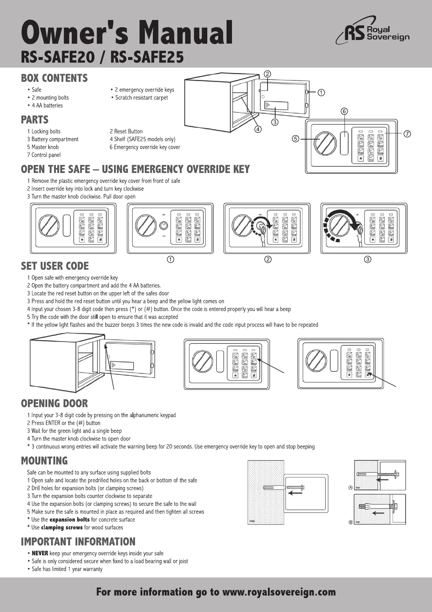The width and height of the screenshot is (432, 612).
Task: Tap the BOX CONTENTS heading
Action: click(54, 78)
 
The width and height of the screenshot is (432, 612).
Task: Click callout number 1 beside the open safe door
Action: click(321, 92)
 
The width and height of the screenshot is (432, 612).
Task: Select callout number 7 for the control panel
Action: click(407, 134)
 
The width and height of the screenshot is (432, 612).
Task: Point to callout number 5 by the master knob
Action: click(296, 138)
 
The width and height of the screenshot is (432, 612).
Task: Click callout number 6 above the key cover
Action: click(344, 111)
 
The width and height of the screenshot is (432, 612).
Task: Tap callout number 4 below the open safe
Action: click(258, 129)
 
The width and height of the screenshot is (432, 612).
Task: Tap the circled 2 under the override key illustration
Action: click(268, 259)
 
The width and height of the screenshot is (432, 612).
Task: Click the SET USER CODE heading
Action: click(55, 266)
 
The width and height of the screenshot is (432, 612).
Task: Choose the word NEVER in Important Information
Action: click(40, 553)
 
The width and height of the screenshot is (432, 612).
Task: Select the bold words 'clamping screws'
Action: click(62, 528)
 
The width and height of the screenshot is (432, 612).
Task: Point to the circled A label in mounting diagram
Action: click(351, 487)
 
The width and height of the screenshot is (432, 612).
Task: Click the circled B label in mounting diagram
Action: click(351, 522)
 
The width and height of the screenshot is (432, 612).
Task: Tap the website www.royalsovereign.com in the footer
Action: click(279, 592)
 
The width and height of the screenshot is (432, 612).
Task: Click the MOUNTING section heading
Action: click(44, 461)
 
